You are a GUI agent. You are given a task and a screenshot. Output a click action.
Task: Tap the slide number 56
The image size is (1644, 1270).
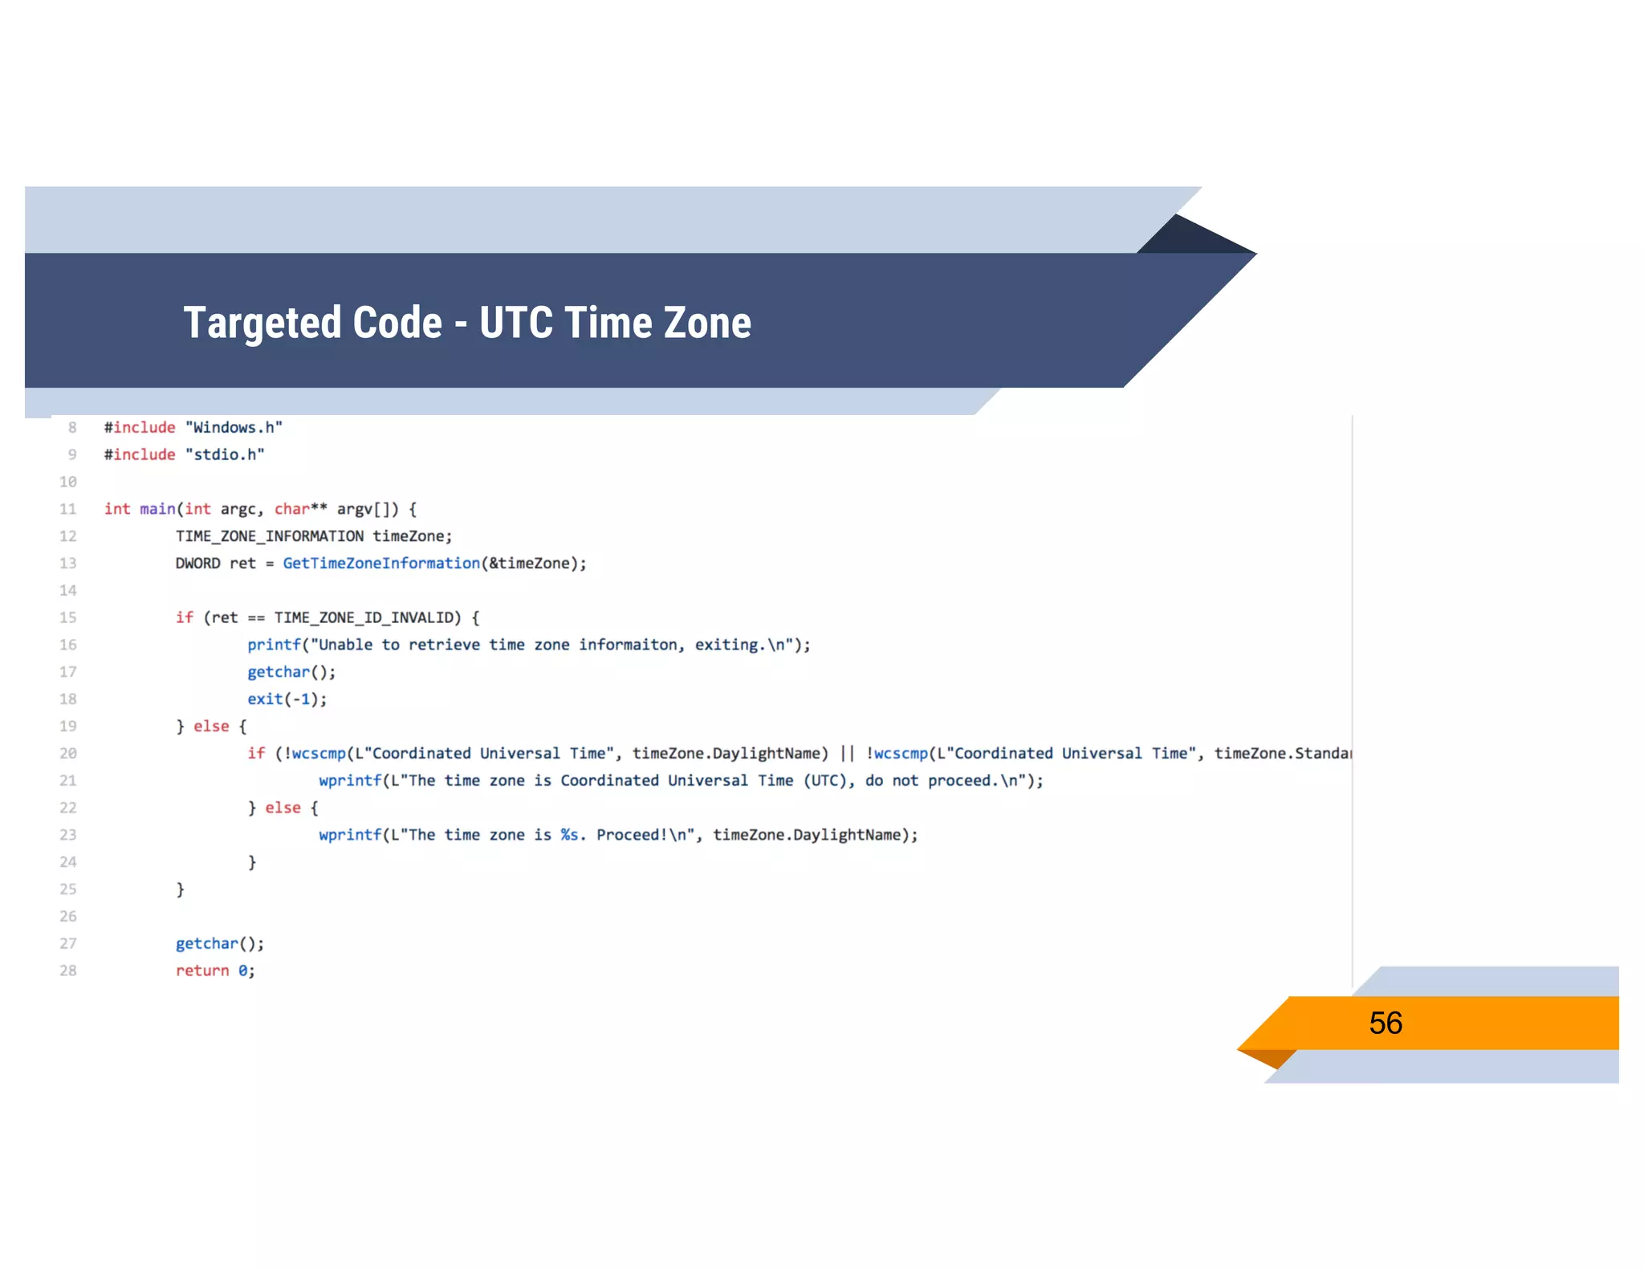click(1386, 1023)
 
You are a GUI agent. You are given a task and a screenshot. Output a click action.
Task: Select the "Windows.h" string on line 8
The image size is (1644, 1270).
click(234, 428)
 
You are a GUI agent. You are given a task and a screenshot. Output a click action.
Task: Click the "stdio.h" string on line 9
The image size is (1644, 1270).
click(225, 454)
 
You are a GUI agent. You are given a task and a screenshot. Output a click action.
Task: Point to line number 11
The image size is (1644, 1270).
click(68, 509)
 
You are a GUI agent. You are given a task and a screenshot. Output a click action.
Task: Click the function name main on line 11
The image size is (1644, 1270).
click(157, 509)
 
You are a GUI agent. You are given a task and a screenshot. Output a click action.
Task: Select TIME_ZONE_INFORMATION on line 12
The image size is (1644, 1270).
click(270, 536)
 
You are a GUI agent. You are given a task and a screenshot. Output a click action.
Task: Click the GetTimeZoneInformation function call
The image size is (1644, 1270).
click(381, 564)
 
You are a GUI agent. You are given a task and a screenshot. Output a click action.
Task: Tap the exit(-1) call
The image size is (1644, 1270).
click(287, 699)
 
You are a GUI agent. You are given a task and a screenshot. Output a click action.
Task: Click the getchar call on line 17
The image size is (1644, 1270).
click(278, 672)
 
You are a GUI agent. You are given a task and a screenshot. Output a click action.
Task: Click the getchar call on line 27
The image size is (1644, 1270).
click(206, 943)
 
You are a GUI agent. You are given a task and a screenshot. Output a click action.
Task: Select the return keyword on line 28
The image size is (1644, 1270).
click(202, 971)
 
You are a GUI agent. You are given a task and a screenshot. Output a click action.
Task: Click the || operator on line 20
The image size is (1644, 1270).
click(847, 753)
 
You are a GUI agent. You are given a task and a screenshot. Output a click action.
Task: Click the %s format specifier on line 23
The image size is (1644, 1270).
click(569, 835)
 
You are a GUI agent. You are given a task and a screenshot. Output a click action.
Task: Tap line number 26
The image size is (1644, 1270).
click(68, 916)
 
